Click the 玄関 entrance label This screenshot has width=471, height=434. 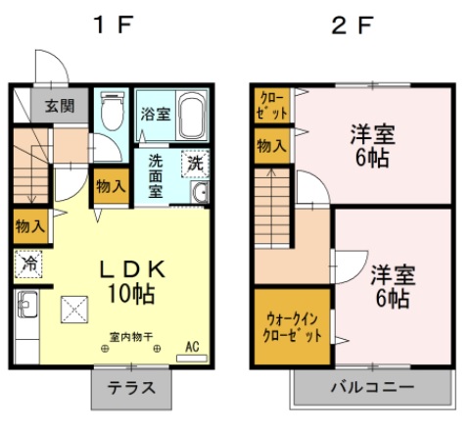60,106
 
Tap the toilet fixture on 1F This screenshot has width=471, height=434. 113,111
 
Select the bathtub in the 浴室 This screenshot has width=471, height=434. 193,115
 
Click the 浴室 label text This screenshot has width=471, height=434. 156,114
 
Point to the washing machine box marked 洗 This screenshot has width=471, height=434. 195,164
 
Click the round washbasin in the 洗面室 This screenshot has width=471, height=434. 200,192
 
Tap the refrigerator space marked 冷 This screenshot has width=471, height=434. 28,264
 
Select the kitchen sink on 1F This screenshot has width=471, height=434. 27,304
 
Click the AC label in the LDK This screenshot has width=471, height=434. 192,347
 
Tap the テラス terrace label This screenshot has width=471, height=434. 131,388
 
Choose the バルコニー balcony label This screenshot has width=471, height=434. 372,387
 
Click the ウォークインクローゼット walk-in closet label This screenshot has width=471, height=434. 293,327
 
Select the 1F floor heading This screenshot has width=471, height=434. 113,25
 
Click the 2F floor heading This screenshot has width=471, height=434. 353,25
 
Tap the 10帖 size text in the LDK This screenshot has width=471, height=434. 131,293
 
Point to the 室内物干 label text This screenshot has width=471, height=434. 131,337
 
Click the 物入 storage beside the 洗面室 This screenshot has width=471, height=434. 111,186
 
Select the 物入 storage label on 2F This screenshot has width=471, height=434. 271,146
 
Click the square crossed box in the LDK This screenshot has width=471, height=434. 74,310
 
